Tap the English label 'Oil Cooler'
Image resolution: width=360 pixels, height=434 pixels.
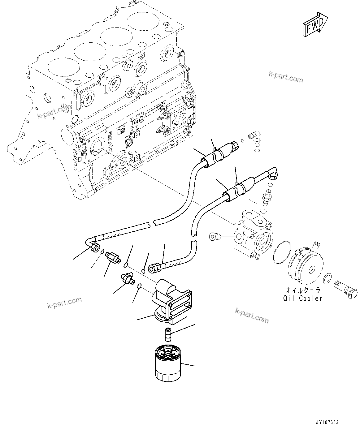[x=302, y=299]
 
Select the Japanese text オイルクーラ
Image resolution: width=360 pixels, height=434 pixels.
[x=303, y=290]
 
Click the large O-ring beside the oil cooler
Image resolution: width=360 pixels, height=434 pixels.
[x=282, y=253]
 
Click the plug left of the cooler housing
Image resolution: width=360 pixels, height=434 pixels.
[x=214, y=237]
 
